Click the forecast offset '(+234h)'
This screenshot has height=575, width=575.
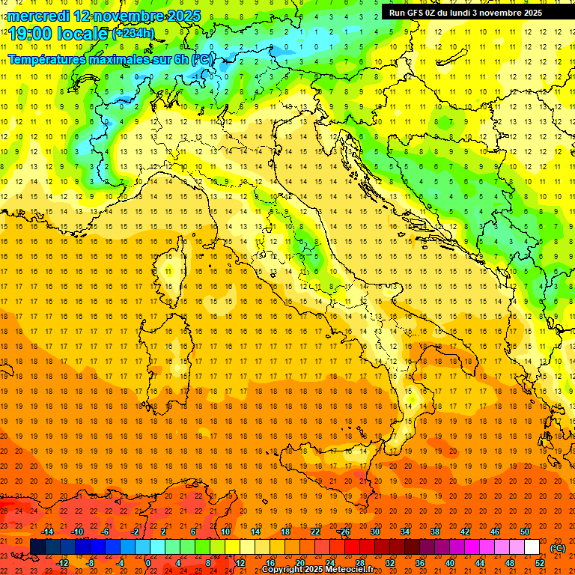coord(133,33)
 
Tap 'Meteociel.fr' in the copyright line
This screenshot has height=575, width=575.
coord(354,570)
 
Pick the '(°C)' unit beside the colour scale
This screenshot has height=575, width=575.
coord(558,548)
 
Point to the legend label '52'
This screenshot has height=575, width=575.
coord(540,563)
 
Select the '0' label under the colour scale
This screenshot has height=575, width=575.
coord(147,563)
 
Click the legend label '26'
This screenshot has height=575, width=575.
coord(344,532)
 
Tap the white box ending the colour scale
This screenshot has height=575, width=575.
coord(532,547)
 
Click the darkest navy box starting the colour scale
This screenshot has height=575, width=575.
coord(37,547)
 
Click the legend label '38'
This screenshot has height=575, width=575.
coord(435,532)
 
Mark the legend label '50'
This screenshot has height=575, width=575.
coord(525,532)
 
